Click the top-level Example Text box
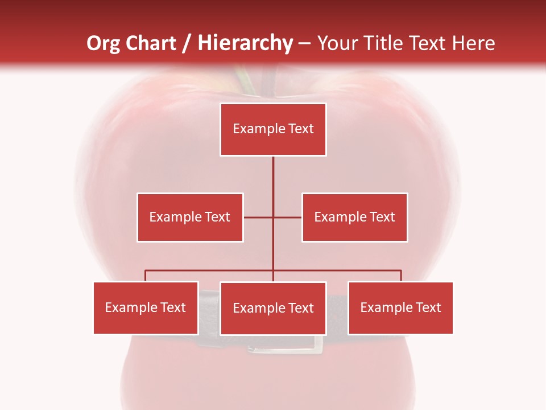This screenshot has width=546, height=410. click(273, 129)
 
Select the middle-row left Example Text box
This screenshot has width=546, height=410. click(190, 217)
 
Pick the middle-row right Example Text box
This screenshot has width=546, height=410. click(354, 217)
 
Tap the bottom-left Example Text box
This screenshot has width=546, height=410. click(146, 307)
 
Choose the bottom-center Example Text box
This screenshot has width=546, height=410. click(273, 308)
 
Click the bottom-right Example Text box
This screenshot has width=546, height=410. click(400, 307)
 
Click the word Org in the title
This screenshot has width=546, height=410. click(104, 43)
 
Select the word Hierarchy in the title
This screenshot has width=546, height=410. click(245, 43)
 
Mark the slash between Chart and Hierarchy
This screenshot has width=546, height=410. click(186, 43)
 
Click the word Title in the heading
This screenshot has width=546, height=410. click(385, 43)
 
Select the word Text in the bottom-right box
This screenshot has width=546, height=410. click(428, 307)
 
